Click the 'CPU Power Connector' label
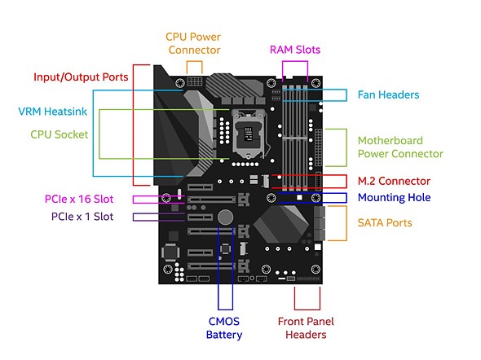(193, 43)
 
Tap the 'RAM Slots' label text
(295, 50)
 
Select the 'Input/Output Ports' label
(81, 77)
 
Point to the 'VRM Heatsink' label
(52, 112)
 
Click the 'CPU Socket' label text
(60, 134)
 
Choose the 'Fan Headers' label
(388, 94)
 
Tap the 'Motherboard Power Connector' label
(400, 147)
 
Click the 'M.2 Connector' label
(394, 181)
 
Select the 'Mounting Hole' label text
(395, 198)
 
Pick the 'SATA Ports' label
(385, 222)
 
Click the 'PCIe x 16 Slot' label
(79, 200)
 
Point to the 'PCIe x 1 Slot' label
(82, 217)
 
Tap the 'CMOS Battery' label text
(224, 328)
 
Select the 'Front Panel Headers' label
(306, 328)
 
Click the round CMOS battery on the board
(226, 217)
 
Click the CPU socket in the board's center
(249, 134)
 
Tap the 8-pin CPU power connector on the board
(195, 81)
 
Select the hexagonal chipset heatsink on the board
(281, 225)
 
